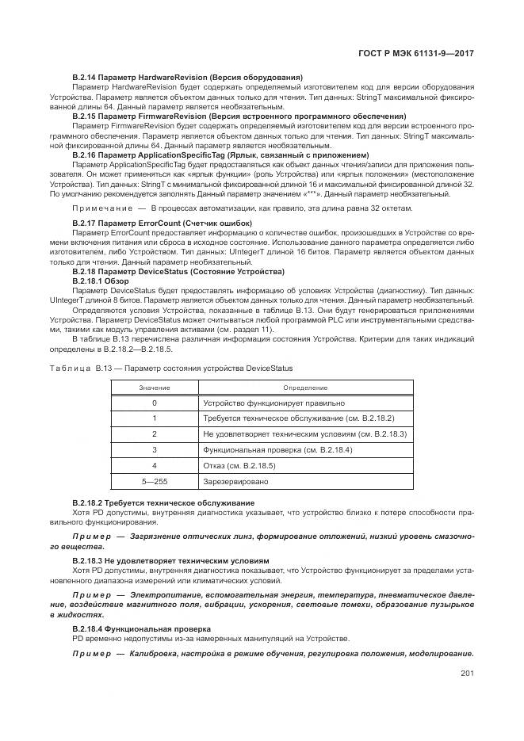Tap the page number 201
467,674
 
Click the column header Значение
154,388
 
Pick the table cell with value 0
154,403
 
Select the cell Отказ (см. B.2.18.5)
243,465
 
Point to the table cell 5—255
154,481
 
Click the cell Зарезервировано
235,481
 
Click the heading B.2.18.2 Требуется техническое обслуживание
163,502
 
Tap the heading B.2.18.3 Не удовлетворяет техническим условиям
170,560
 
